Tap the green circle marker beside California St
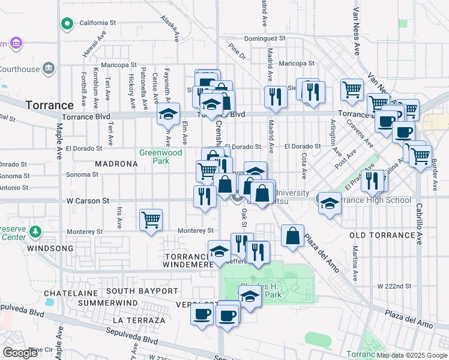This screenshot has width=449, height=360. pos(67,24)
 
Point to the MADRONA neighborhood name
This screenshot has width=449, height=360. pos(116,164)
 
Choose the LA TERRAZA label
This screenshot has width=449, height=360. pos(138,320)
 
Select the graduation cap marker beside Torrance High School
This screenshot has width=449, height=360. pos(330,202)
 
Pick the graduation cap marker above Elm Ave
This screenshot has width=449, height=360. pos(169,113)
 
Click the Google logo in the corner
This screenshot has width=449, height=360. pos(20,353)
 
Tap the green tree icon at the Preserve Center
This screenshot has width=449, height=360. pos(35,231)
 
